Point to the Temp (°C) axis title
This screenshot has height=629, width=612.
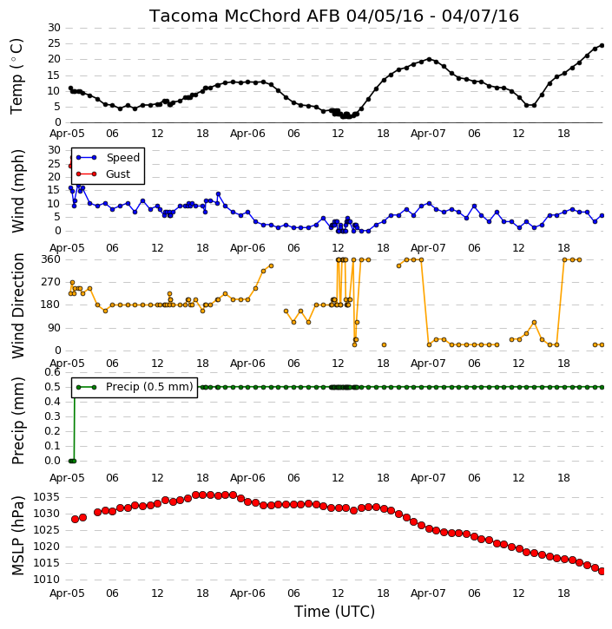point(16,76)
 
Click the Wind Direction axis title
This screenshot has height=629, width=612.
point(18,305)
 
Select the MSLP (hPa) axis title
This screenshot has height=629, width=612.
point(17,535)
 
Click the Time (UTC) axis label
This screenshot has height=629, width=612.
point(334,612)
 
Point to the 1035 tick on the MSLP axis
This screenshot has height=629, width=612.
point(46,497)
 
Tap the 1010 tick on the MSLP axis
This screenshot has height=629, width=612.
point(46,580)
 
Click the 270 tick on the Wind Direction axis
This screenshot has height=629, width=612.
point(51,282)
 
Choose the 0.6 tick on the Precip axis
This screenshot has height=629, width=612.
point(52,372)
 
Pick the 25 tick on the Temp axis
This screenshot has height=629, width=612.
point(54,43)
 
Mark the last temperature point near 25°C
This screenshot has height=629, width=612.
point(602,46)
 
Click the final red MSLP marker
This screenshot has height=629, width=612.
point(602,571)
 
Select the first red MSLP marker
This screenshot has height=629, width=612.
point(75,519)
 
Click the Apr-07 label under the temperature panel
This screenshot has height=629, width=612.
point(428,134)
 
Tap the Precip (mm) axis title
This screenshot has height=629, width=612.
point(17,421)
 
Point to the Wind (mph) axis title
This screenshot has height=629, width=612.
point(17,191)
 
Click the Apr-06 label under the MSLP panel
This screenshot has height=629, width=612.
point(247,593)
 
